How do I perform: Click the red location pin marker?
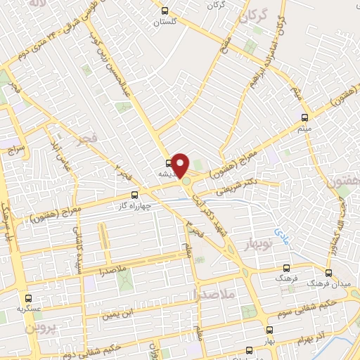coord(181,165)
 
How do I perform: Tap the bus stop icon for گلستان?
coord(165,11)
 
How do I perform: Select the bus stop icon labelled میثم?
coord(304,117)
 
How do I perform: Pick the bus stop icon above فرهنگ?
coord(285,269)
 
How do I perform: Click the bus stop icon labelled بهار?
coord(269,329)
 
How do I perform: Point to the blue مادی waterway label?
coord(280,231)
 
